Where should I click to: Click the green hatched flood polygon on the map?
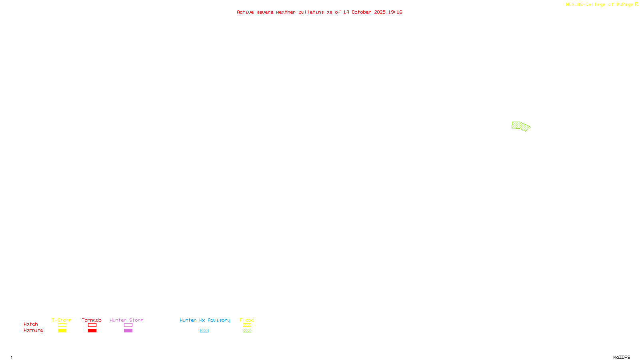520,126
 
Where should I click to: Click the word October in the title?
361,12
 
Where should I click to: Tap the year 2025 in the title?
380,12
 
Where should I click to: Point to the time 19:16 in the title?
395,12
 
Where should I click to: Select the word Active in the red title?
245,12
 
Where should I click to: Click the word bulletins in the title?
311,12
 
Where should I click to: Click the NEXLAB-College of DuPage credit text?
599,4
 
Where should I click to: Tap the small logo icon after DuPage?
636,4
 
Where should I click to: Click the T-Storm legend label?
62,320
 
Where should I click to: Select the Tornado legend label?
92,320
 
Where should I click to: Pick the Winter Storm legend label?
126,320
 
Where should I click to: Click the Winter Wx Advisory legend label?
205,320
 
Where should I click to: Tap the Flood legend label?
247,320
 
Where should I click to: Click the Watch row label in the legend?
31,324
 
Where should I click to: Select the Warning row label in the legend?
33,330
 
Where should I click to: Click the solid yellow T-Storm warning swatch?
62,331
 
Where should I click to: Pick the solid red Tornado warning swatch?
92,331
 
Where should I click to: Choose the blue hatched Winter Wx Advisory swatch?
204,331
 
